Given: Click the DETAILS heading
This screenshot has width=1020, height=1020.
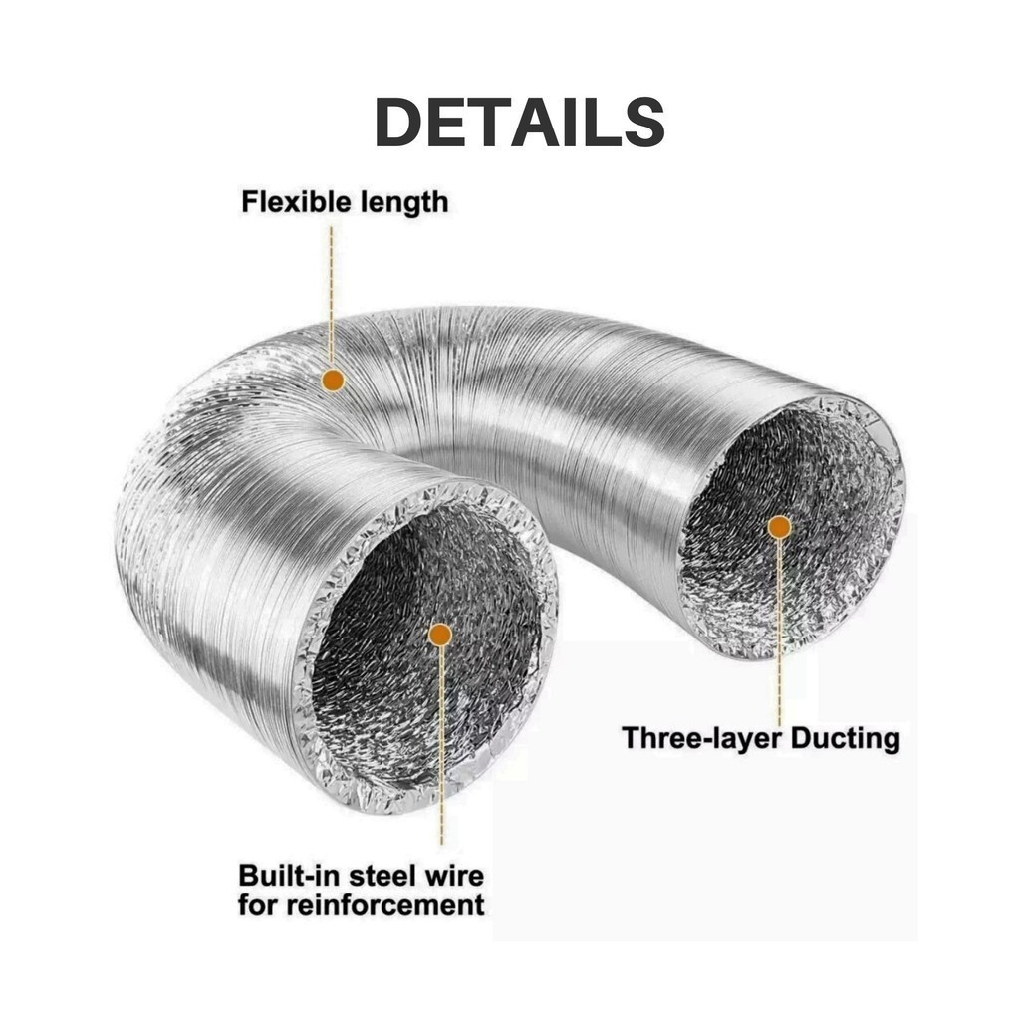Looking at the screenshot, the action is [x=519, y=123].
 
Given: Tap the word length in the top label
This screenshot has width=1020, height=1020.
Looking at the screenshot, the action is [x=404, y=203].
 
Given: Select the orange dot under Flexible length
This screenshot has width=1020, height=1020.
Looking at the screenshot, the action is [x=333, y=380].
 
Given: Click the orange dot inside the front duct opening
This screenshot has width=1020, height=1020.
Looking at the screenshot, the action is [x=441, y=635].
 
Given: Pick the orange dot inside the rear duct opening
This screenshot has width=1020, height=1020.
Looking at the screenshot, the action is [x=779, y=527].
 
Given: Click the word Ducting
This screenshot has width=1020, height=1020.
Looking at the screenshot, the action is [x=846, y=739].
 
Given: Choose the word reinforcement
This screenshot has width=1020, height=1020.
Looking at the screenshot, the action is [x=386, y=905].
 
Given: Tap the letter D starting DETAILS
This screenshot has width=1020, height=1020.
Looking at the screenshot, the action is [x=396, y=123].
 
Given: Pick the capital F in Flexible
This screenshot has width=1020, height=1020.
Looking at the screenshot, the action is [x=250, y=201].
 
